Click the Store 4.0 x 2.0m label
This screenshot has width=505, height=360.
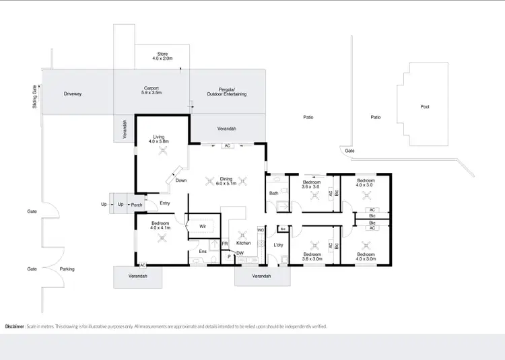162,55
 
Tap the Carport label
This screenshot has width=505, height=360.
151,90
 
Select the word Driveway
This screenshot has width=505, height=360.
73,94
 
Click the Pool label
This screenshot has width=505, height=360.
424,106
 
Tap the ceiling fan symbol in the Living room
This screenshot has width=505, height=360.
162,152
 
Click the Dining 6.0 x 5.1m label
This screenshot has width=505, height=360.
226,181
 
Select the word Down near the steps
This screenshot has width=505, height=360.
181,180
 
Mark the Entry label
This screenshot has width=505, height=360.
165,203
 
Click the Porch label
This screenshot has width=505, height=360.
137,205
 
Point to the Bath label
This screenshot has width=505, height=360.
273,194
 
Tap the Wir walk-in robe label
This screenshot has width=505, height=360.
203,226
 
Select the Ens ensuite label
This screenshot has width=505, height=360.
202,251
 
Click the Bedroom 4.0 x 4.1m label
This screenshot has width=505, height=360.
161,225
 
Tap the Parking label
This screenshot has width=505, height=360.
67,269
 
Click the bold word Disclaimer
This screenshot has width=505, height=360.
15,326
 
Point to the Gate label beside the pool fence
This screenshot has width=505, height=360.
349,151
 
